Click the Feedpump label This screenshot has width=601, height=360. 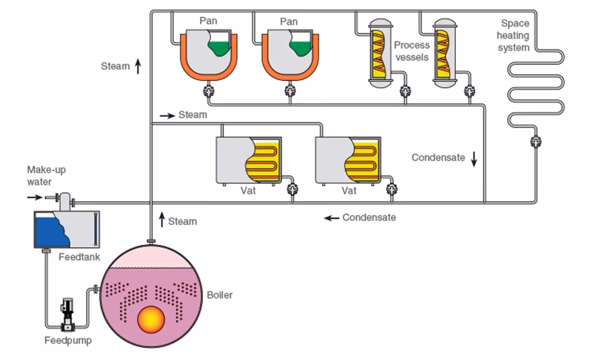coord(68,340)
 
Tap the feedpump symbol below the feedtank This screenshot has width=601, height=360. coord(67,315)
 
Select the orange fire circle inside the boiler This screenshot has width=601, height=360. coord(151,319)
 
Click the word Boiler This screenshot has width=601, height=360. coord(219,295)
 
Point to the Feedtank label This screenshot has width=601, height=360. coord(79,257)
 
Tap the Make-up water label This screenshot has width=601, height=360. coord(46,176)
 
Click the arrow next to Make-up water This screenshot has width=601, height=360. coord(35,197)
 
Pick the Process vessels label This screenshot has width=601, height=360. coord(412,51)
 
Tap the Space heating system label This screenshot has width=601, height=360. coord(513,35)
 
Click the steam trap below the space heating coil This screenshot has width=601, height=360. coord(536,141)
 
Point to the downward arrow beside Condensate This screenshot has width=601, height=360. coord(474,159)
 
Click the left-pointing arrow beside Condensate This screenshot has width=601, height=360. coord(331,218)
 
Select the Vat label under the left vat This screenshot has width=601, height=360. coord(248,191)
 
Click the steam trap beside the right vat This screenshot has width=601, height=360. coord(392,189)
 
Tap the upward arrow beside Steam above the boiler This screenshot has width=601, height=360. coord(162,219)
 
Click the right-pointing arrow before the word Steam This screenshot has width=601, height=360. coord(167,116)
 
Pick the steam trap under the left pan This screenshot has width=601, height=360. coord(209,91)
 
